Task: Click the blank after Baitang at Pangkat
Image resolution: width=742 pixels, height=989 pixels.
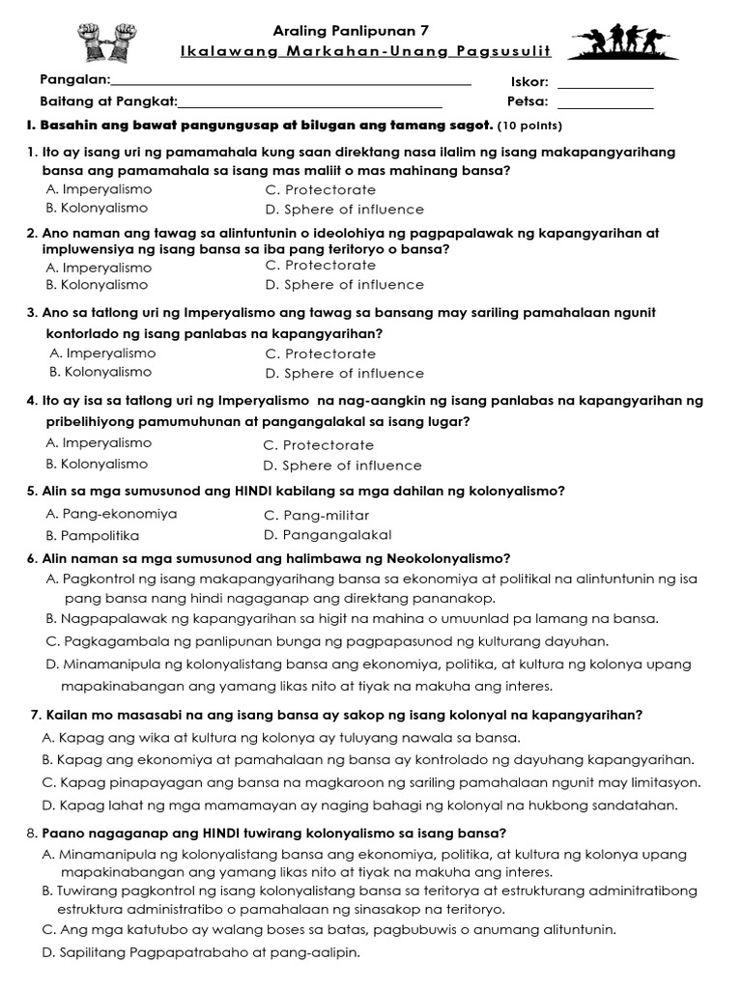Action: tap(310, 104)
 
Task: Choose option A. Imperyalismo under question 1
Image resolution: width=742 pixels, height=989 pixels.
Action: tap(99, 189)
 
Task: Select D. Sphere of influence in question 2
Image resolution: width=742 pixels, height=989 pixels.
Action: tap(344, 285)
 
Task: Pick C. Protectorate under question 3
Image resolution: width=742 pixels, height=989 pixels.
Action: tap(320, 353)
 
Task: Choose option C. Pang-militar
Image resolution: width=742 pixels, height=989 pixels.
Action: tap(316, 515)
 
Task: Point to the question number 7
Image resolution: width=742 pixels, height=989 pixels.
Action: tap(36, 715)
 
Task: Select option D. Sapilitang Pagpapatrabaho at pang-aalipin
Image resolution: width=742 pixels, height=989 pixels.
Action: tap(201, 952)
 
